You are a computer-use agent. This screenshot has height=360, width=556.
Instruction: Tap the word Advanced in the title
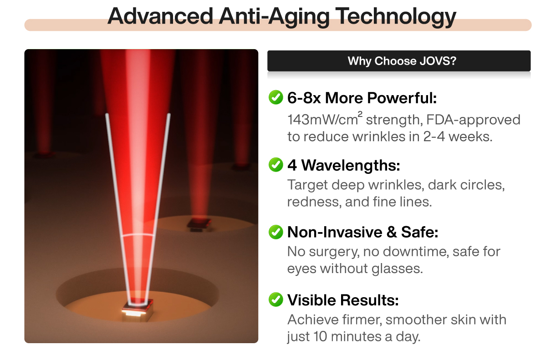pyautogui.click(x=160, y=16)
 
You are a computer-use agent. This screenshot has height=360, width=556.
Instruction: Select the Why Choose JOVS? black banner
pyautogui.click(x=399, y=61)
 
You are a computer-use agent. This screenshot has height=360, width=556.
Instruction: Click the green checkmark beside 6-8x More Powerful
pyautogui.click(x=276, y=97)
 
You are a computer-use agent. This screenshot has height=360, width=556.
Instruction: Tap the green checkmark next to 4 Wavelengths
pyautogui.click(x=276, y=165)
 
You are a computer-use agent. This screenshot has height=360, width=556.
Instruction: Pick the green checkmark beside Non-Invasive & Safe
pyautogui.click(x=276, y=232)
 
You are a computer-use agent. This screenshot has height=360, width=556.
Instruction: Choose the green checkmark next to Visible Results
pyautogui.click(x=276, y=299)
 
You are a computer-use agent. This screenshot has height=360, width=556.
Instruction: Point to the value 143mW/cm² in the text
pyautogui.click(x=325, y=119)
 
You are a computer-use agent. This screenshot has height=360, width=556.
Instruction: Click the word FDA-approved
pyautogui.click(x=473, y=120)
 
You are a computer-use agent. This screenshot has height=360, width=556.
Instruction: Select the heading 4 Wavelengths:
pyautogui.click(x=344, y=165)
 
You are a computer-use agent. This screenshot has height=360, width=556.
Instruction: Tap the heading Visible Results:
pyautogui.click(x=343, y=300)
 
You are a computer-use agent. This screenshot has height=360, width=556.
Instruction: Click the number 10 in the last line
pyautogui.click(x=320, y=336)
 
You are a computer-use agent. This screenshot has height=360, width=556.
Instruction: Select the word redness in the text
pyautogui.click(x=313, y=202)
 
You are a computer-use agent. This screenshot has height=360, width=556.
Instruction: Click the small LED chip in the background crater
pyautogui.click(x=199, y=225)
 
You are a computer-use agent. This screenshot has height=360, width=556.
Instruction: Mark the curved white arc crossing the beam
pyautogui.click(x=138, y=234)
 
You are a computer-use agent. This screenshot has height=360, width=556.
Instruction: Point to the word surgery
pyautogui.click(x=334, y=252)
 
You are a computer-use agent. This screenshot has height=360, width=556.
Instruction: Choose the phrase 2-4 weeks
pyautogui.click(x=458, y=137)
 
